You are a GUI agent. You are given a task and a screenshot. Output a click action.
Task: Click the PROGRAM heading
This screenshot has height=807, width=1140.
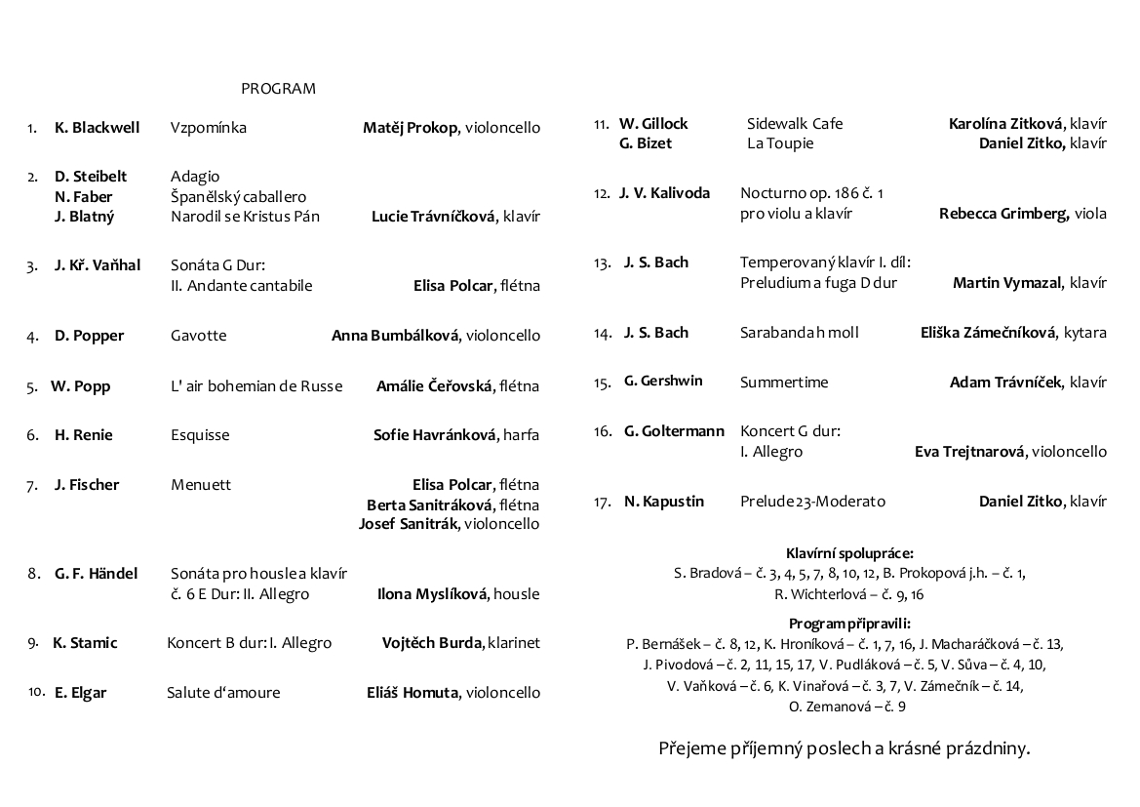tap(278, 89)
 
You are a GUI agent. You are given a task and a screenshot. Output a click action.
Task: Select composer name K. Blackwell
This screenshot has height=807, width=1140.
tap(98, 128)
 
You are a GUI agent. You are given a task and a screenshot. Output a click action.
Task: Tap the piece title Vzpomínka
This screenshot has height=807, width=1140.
tap(208, 128)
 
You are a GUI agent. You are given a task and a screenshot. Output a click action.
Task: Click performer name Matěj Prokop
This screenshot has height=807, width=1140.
tap(410, 128)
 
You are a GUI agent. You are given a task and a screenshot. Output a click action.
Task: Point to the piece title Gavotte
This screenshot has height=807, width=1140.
tap(198, 336)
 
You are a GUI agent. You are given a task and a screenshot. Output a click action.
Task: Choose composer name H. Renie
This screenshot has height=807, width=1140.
tap(84, 435)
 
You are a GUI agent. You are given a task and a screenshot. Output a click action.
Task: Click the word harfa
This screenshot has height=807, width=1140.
tap(521, 435)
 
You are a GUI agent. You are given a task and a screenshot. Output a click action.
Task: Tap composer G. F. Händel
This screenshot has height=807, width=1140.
tap(97, 574)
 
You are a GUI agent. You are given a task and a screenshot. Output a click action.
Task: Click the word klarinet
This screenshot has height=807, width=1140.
tap(514, 643)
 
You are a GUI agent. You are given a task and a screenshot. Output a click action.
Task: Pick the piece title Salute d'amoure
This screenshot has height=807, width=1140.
tap(223, 693)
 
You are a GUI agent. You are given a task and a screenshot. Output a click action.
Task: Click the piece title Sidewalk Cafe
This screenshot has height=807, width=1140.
tap(795, 124)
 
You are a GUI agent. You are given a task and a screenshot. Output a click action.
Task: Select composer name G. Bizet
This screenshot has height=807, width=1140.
tap(646, 143)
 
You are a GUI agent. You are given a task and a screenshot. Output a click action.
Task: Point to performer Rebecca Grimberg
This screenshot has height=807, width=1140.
tap(1003, 214)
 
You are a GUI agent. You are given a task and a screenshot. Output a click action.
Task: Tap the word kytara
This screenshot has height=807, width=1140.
tap(1085, 333)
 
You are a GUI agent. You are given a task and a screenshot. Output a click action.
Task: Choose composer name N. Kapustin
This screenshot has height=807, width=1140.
tap(664, 502)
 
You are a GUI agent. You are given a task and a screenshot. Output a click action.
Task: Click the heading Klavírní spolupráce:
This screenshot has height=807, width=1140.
tap(849, 553)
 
